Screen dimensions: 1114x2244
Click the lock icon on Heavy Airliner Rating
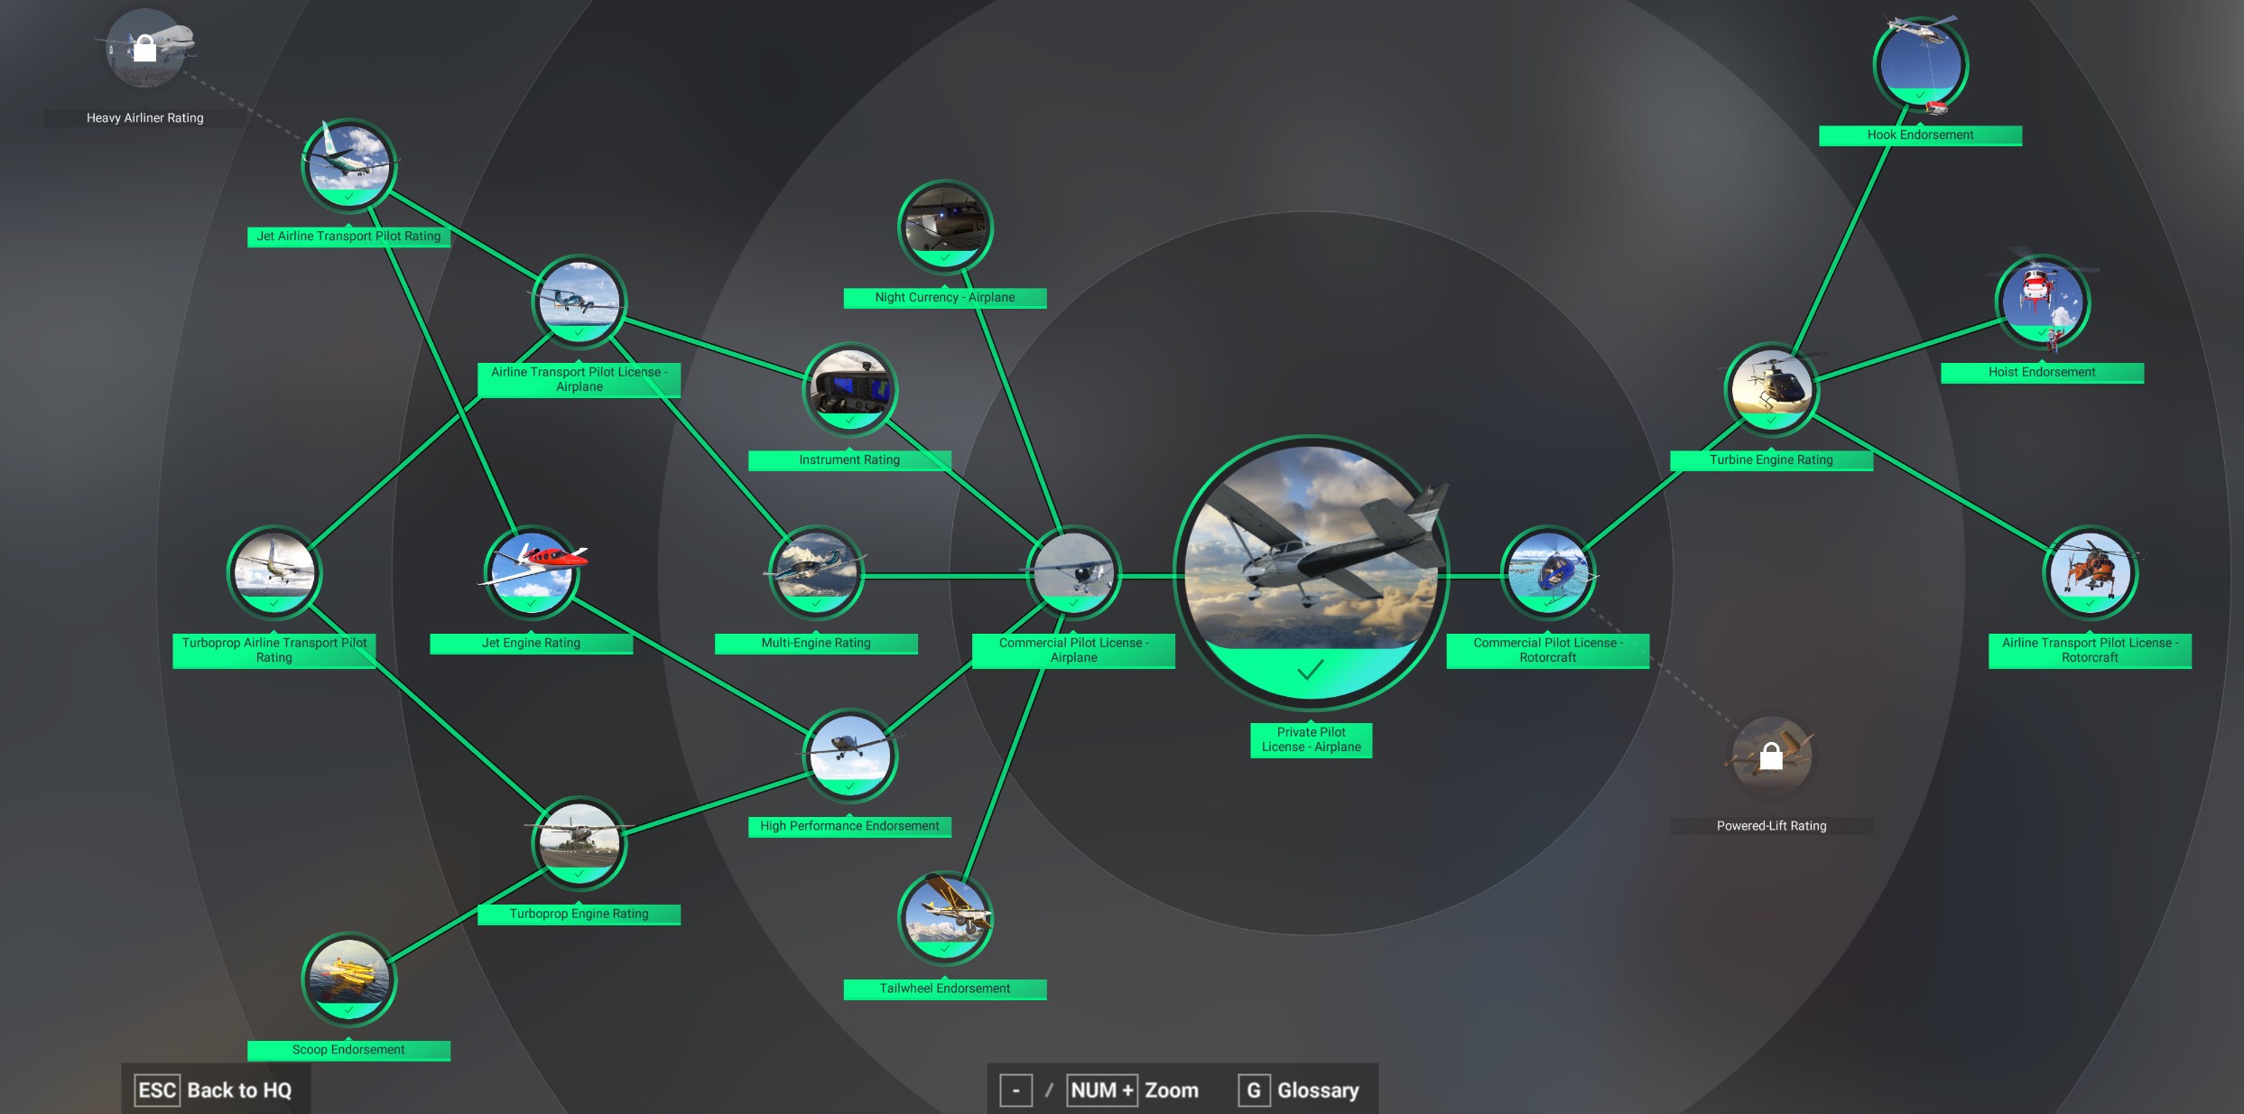(x=144, y=48)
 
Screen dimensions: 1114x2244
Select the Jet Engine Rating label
(x=531, y=643)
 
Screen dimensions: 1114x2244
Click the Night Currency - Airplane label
(x=944, y=297)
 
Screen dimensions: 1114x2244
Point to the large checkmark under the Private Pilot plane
(x=1310, y=670)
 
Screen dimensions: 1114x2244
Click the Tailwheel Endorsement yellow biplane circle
(x=945, y=917)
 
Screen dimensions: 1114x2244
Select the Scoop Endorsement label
(x=348, y=1050)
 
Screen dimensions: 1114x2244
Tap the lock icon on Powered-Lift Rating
(x=1771, y=757)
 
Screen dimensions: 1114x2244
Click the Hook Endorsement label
(x=1920, y=135)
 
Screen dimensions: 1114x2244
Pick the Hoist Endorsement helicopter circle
(x=2042, y=302)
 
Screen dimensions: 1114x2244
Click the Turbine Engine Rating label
(x=1771, y=460)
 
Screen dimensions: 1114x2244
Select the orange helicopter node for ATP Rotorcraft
(x=2090, y=572)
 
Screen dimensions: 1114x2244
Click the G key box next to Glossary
(x=1254, y=1091)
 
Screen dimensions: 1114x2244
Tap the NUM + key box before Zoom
(x=1101, y=1091)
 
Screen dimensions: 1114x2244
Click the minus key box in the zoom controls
(x=1015, y=1091)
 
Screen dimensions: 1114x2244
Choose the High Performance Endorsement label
(x=849, y=826)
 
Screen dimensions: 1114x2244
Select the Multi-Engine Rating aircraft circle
(x=816, y=572)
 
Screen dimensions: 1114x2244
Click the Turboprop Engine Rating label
(x=579, y=914)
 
